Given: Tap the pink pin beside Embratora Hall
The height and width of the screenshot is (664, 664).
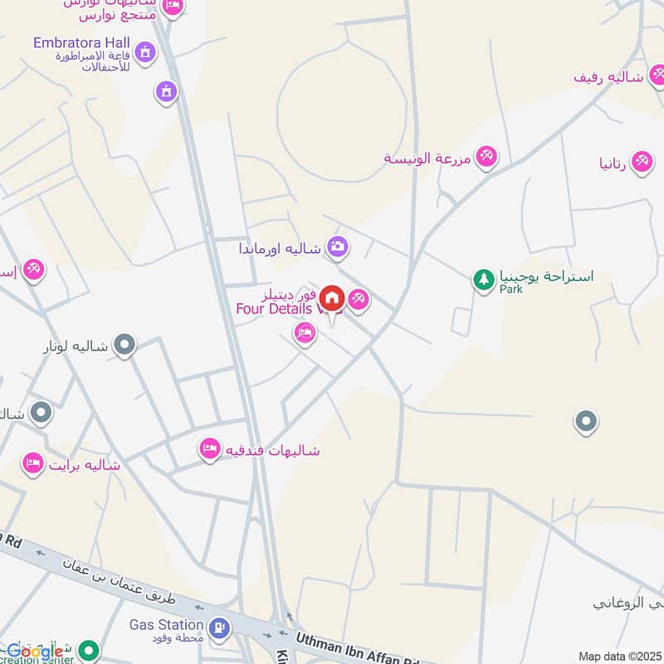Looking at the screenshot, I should [x=144, y=51].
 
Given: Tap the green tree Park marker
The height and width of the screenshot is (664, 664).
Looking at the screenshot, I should [x=483, y=279].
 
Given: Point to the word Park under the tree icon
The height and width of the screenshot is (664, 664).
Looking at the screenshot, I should [x=510, y=290].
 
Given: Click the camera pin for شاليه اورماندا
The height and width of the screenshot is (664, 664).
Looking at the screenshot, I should [x=337, y=246].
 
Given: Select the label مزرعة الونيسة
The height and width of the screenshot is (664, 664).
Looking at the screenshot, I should [x=427, y=158].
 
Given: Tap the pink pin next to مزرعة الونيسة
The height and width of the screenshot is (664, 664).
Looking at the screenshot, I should [x=486, y=155].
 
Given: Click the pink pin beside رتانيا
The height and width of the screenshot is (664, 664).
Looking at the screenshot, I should [x=641, y=161].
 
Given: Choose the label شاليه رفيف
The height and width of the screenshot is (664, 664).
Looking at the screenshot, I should [x=609, y=76].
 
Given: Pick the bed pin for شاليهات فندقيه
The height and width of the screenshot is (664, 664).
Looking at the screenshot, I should [x=209, y=450].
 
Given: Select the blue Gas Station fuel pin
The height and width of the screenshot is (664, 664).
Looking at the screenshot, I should [x=220, y=627].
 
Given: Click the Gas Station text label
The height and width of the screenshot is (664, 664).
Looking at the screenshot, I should [x=166, y=624].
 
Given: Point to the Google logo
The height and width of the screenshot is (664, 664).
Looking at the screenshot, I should [x=35, y=652].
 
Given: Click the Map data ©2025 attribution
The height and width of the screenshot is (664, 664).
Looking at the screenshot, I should [x=618, y=657].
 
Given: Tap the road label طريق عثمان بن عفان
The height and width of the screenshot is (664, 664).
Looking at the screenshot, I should [x=124, y=593].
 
